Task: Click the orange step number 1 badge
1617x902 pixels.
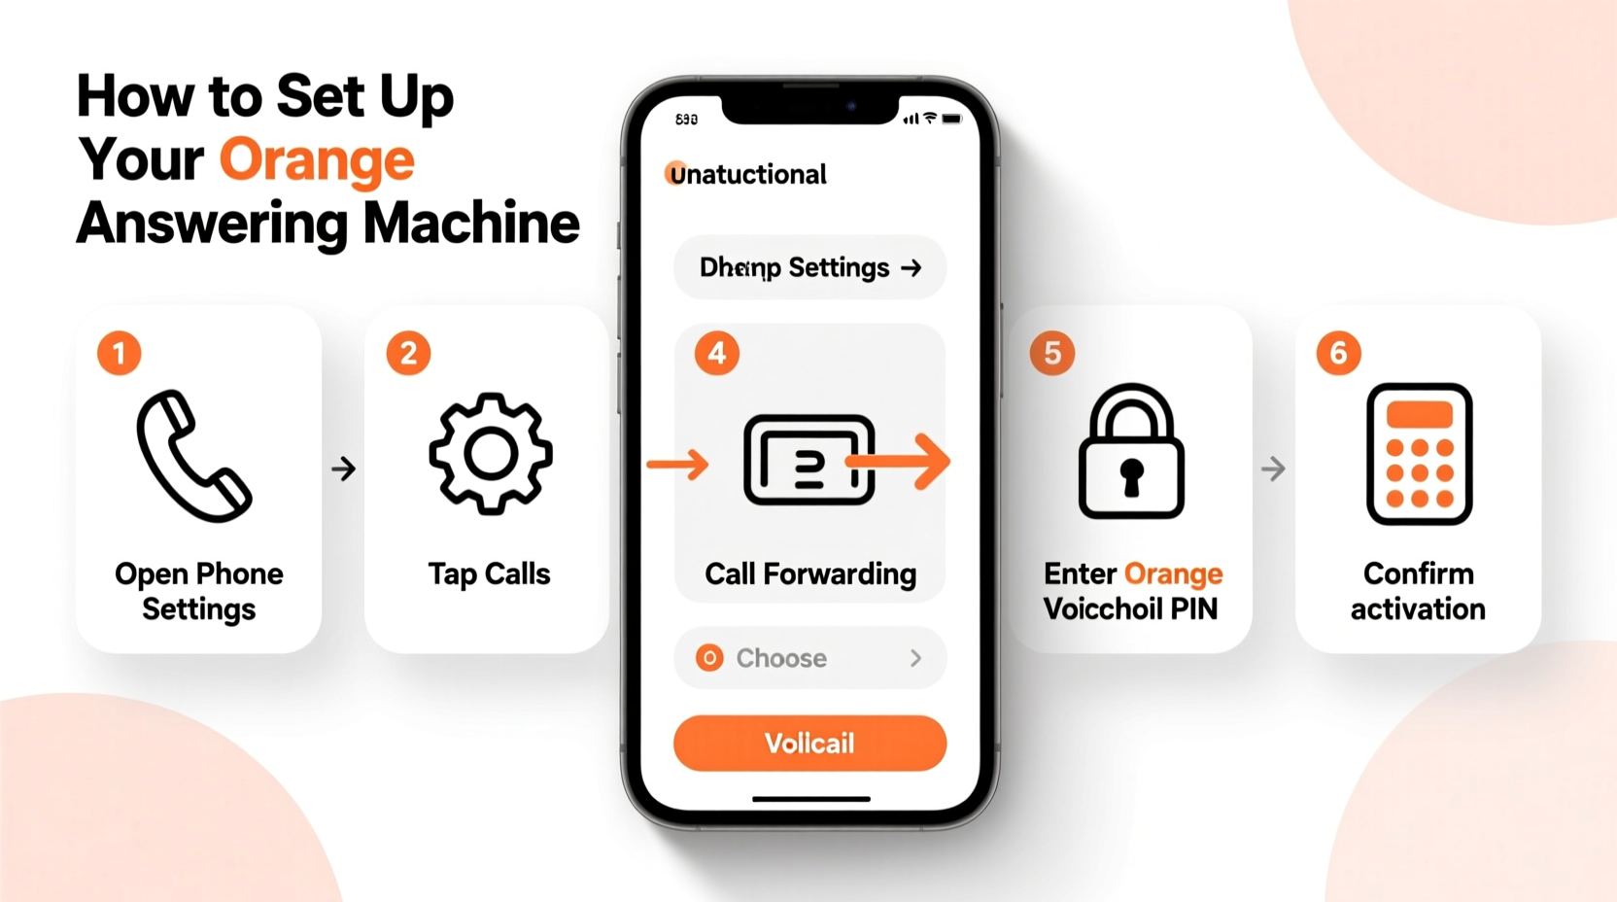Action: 120,353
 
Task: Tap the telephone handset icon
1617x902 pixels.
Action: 193,456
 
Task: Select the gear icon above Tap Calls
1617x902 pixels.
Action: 491,453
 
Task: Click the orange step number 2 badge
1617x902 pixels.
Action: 408,353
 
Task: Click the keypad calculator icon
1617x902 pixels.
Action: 1419,454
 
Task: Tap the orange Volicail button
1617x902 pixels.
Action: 809,744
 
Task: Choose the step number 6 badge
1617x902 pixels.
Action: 1338,353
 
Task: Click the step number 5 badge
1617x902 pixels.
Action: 1052,353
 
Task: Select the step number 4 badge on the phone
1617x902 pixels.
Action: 717,353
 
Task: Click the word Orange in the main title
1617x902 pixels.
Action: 317,160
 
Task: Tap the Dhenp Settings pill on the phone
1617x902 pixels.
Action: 809,267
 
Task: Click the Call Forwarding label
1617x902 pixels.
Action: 810,574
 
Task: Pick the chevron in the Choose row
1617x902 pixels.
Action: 915,658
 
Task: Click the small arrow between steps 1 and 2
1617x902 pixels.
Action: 343,469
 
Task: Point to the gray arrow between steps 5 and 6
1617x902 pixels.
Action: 1273,469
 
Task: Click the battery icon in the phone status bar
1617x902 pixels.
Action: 951,119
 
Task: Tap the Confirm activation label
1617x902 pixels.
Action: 1418,591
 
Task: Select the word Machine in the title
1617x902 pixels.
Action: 471,224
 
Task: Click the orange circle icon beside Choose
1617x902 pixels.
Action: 709,658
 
